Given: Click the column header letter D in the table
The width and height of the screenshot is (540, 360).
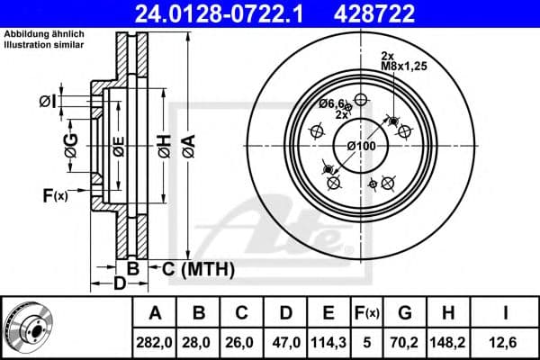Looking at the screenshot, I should click(x=284, y=313).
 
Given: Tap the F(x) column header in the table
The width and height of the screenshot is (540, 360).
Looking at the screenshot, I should click(x=370, y=313).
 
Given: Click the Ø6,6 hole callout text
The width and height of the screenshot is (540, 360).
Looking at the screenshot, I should click(x=334, y=104).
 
